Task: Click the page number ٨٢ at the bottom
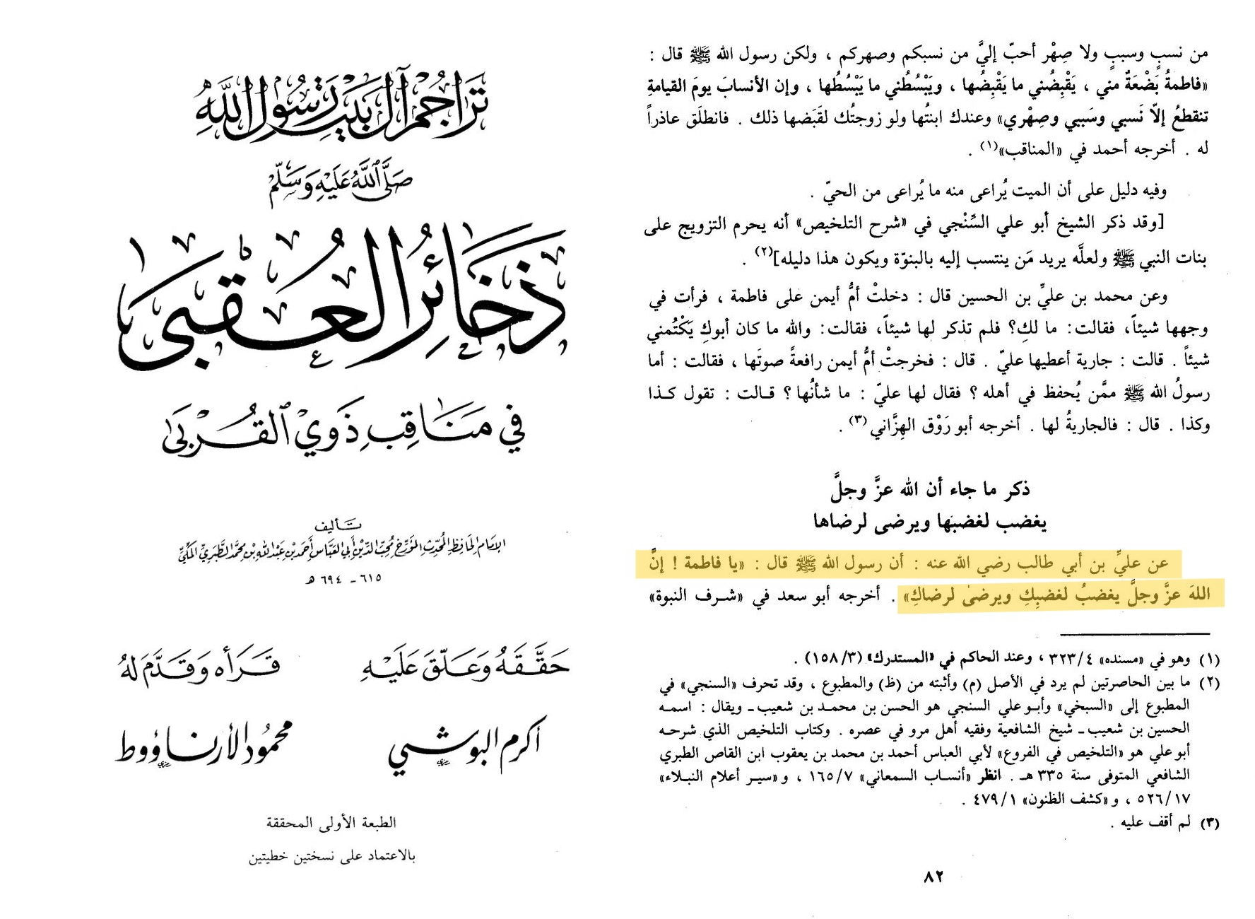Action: (933, 877)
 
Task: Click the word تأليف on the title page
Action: (338, 525)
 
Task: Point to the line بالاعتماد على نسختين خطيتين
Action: (331, 857)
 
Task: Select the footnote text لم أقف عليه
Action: (1150, 822)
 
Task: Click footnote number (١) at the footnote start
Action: (1209, 660)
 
